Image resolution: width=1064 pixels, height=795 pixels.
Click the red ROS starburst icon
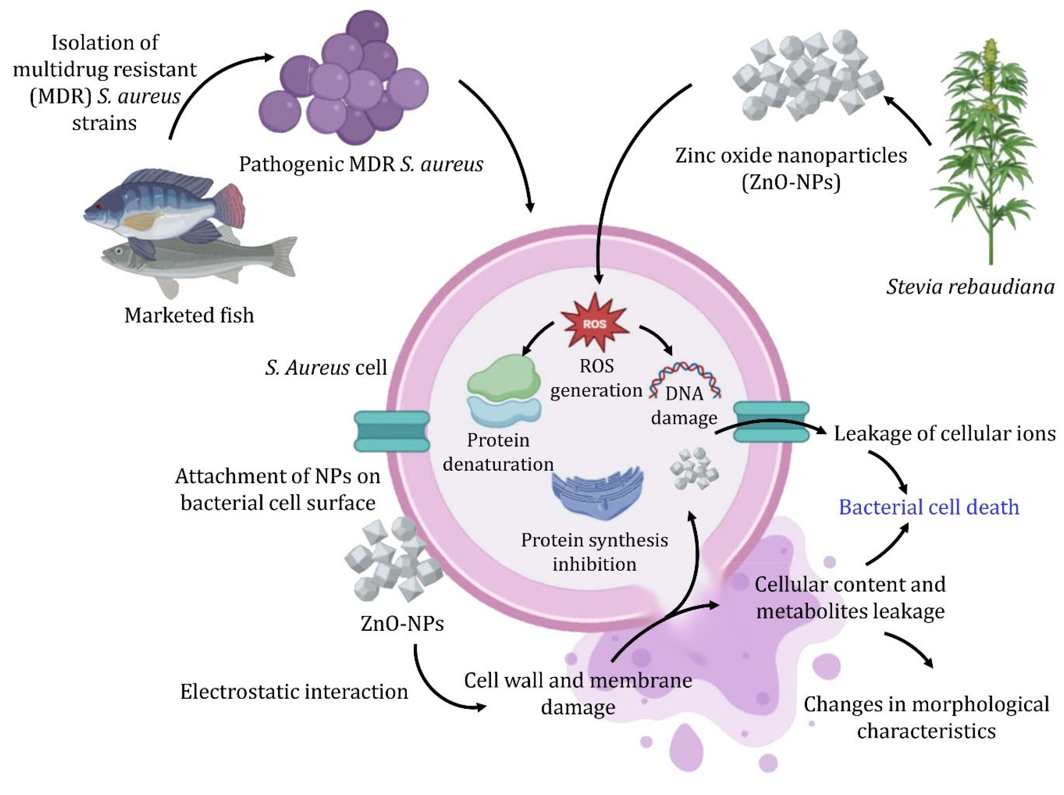pyautogui.click(x=595, y=323)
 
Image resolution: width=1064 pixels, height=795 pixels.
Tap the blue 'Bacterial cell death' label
pyautogui.click(x=929, y=507)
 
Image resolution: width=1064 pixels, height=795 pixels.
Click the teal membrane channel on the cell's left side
pyautogui.click(x=392, y=431)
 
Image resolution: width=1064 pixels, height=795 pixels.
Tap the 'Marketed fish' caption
pyautogui.click(x=189, y=316)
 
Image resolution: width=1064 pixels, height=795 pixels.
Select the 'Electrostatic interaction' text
pyautogui.click(x=294, y=692)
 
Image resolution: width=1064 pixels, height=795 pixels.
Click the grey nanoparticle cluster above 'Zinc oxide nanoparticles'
pyautogui.click(x=808, y=74)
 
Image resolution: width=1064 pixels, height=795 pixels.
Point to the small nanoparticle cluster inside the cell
pyautogui.click(x=694, y=469)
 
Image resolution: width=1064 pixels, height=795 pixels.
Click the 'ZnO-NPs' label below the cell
pyautogui.click(x=402, y=624)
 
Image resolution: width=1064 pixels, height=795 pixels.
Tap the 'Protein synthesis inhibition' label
pyautogui.click(x=595, y=552)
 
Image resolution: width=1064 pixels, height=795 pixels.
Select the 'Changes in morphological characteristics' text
pyautogui.click(x=926, y=718)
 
